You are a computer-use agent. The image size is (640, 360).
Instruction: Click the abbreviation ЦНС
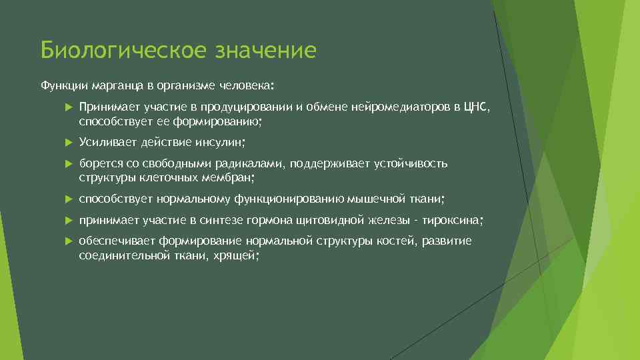tap(475, 109)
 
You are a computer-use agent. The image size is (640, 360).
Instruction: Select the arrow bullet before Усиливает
tap(69, 142)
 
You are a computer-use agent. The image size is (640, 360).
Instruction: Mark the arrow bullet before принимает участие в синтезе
tap(69, 221)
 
